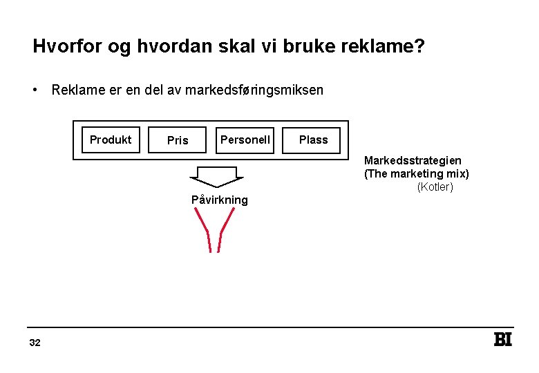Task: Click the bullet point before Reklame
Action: (34, 90)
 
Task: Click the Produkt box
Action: (111, 140)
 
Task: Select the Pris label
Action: (178, 140)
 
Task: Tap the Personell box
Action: (245, 140)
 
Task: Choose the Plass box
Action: (313, 140)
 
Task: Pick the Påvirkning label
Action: (219, 200)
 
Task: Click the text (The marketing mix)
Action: (416, 173)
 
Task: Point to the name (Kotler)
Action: (435, 186)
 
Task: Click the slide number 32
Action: (35, 343)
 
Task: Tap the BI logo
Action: (502, 340)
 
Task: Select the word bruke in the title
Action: (301, 47)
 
